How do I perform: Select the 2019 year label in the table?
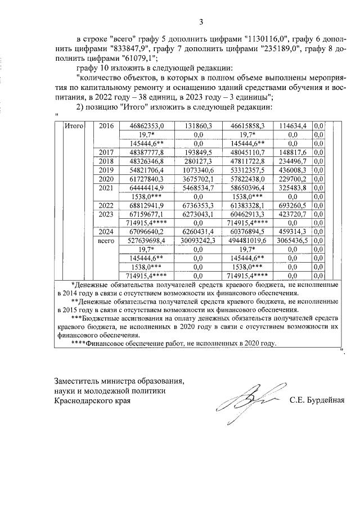105,170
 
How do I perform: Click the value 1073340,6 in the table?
198,170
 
